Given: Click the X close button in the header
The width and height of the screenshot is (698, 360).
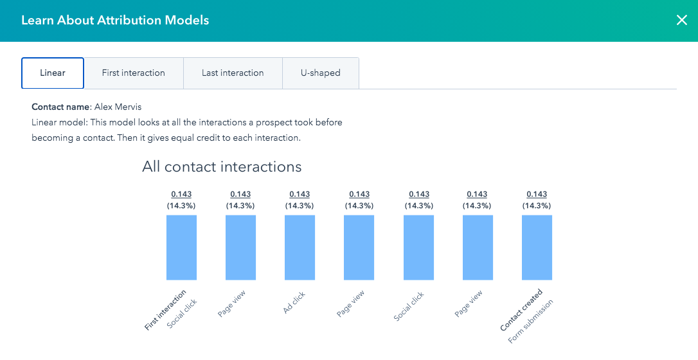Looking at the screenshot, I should point(682,20).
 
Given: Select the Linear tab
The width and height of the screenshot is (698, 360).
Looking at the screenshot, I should point(53,73).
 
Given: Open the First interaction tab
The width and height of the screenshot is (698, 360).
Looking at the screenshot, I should point(134,73).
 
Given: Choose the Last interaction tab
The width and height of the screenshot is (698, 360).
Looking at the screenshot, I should point(233,73).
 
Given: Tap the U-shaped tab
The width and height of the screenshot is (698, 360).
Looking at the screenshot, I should point(321,73).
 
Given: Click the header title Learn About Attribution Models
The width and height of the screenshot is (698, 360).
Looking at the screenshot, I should point(115,20).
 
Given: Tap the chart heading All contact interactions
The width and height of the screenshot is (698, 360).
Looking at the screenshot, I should point(222,166).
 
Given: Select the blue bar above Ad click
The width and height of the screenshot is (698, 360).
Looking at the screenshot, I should point(300,248).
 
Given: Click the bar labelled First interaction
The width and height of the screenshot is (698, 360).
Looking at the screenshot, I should point(181,248).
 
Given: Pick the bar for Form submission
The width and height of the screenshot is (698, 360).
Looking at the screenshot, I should point(537,248).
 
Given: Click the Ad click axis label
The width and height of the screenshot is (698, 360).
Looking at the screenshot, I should point(294,303).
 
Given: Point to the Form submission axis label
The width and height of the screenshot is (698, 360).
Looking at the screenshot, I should point(530,321).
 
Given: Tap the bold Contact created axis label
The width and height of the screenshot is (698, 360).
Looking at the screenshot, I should point(521,310).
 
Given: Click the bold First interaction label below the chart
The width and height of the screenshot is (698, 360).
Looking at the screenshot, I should point(165,310).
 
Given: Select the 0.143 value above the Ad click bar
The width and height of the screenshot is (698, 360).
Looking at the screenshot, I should point(300,194).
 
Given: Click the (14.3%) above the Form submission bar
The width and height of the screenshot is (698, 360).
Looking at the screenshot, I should point(537,206).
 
